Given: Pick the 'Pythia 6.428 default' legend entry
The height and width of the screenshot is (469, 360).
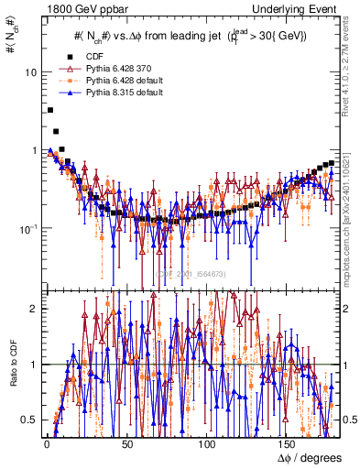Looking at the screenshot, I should coord(116,82).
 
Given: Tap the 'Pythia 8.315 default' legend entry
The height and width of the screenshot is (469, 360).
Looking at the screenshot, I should coord(116,95).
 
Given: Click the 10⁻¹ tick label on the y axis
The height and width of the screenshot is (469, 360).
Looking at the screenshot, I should coord(28,228).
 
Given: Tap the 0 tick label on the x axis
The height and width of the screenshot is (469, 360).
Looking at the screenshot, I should coord(46,444).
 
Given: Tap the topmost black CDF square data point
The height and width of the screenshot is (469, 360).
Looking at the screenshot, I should coord(49,110).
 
